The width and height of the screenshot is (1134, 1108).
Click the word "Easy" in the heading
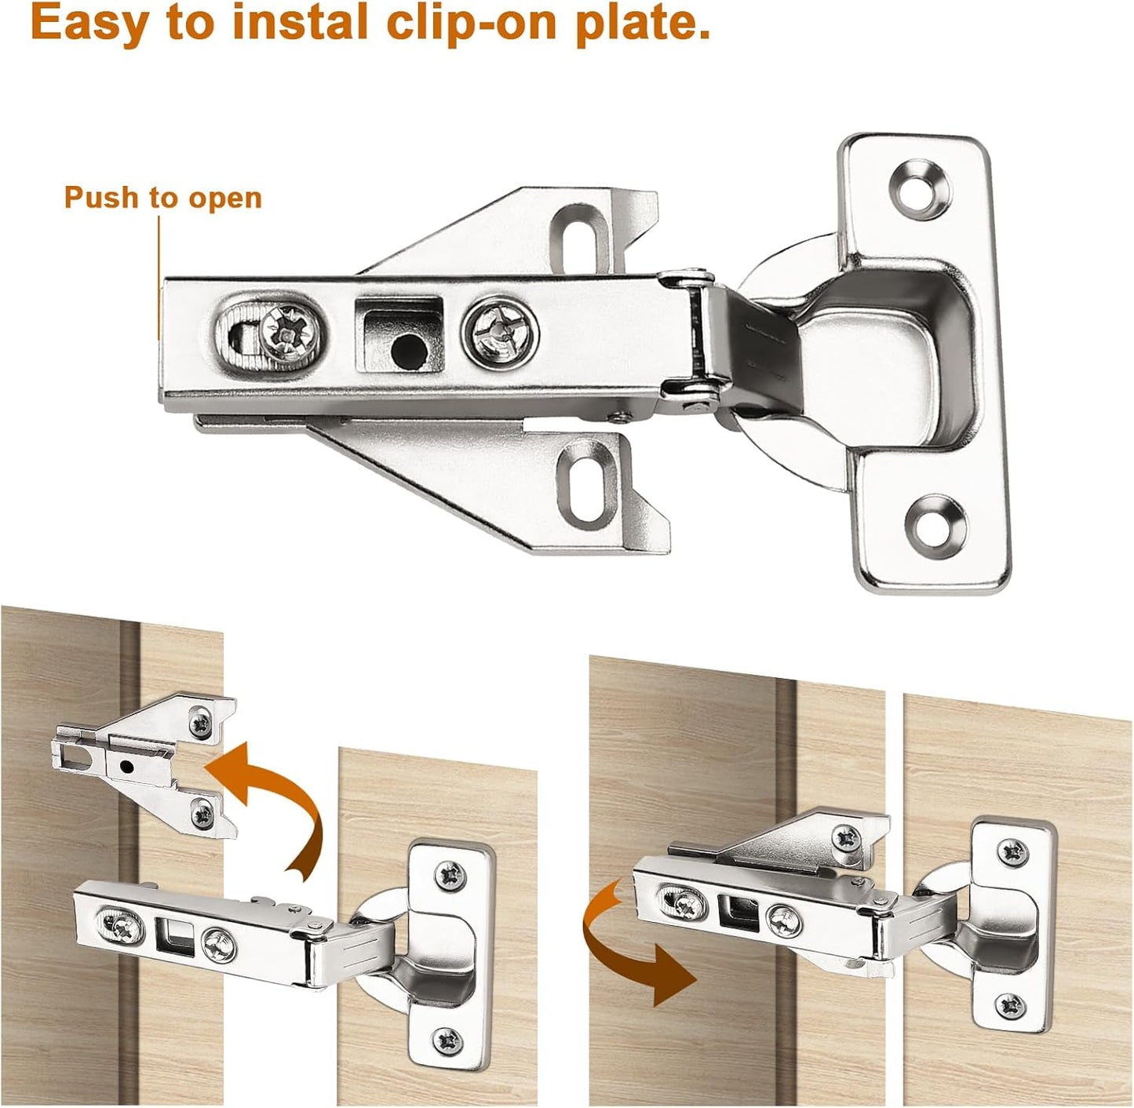point(89,23)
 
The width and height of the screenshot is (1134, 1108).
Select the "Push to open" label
point(162,198)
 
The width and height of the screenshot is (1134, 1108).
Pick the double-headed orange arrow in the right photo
point(627,942)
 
